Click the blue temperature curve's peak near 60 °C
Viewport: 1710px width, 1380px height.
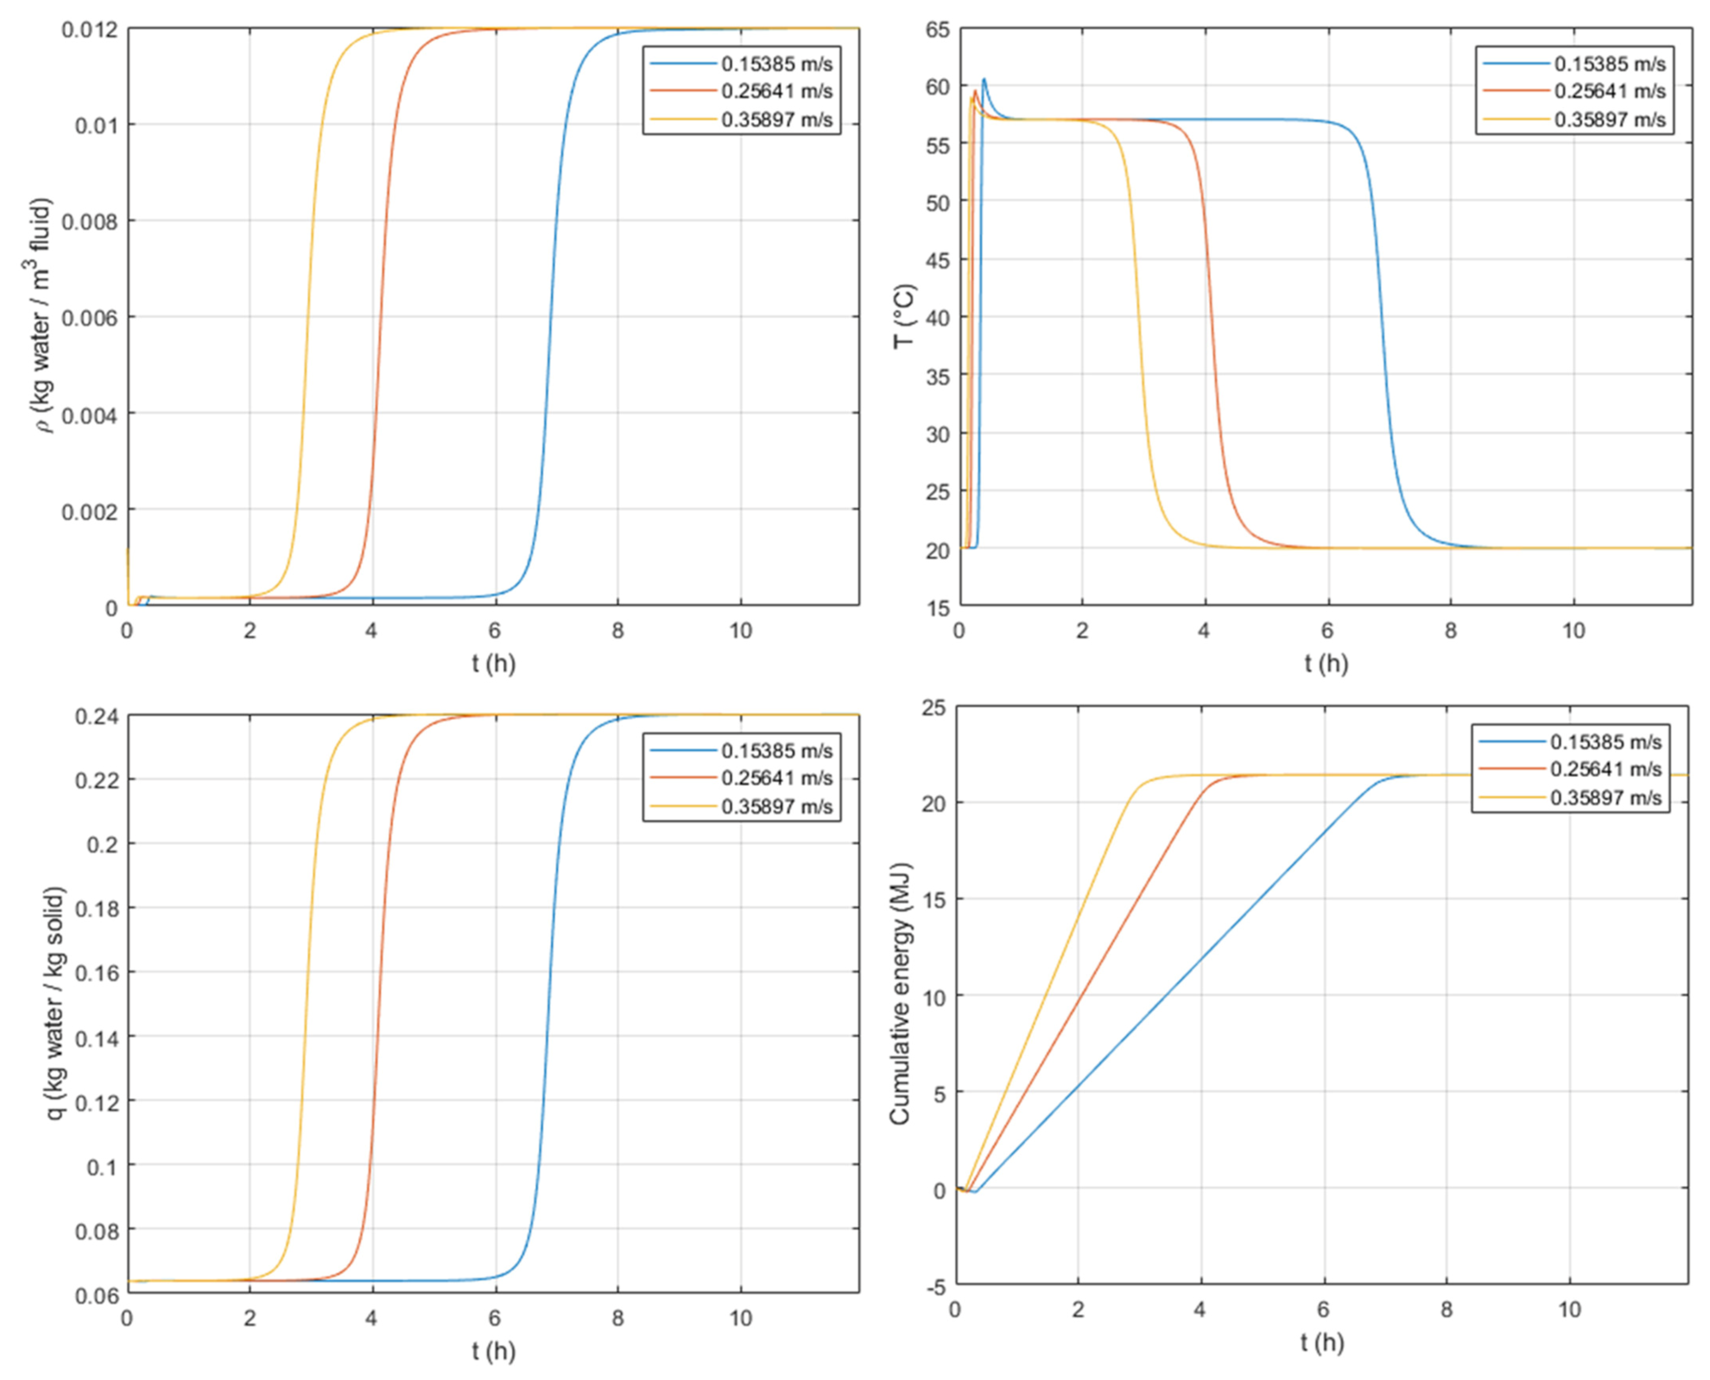[985, 80]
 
